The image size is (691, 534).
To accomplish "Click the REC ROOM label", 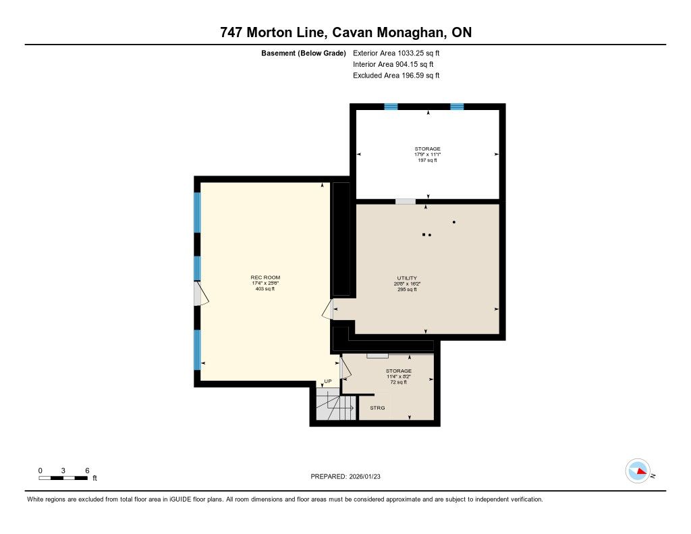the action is coord(265,277).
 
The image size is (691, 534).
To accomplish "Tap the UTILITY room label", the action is coord(407,278).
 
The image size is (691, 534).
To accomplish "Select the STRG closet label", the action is coord(377,408).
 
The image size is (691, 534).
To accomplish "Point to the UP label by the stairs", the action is coord(328,381).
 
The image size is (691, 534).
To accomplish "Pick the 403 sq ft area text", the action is coord(265,289).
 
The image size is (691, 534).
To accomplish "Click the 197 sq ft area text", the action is coord(427,160).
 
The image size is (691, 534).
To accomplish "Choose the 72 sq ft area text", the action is coord(398,382).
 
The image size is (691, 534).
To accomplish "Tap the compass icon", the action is coord(638,471).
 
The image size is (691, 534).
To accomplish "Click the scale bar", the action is coord(63,478).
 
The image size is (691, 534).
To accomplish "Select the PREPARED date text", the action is coord(345,476).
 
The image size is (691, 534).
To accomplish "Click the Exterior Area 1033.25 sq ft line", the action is coord(396,53).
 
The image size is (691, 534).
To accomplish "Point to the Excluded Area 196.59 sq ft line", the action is coord(396,76).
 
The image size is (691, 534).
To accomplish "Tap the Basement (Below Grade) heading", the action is coord(304,53).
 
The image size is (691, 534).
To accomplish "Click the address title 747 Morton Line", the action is coord(346,32).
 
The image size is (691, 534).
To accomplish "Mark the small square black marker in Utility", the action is coord(424,234).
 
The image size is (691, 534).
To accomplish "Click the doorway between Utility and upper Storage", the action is coord(406,202).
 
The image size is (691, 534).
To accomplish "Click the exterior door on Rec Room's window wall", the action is coord(200,293).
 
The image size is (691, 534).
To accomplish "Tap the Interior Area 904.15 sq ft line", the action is coord(393,64).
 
